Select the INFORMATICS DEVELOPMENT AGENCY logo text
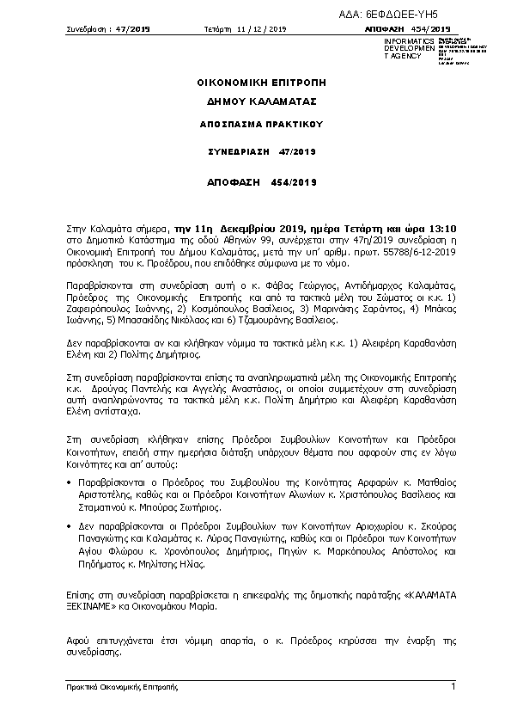coord(403,48)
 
